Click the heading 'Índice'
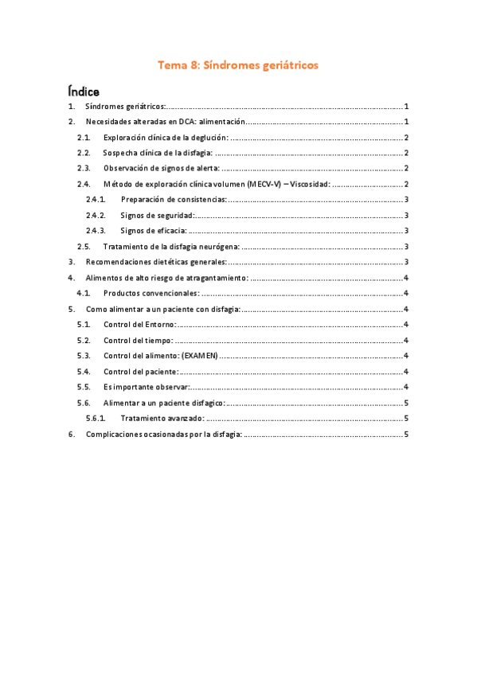pyautogui.click(x=84, y=92)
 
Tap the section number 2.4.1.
pyautogui.click(x=96, y=199)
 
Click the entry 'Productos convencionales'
pyautogui.click(x=151, y=293)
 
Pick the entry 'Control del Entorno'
pyautogui.click(x=139, y=324)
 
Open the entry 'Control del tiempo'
pyautogui.click(x=138, y=339)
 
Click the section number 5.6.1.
pyautogui.click(x=96, y=417)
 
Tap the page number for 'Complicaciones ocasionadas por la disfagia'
pyautogui.click(x=406, y=433)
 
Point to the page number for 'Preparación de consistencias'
pyautogui.click(x=406, y=199)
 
